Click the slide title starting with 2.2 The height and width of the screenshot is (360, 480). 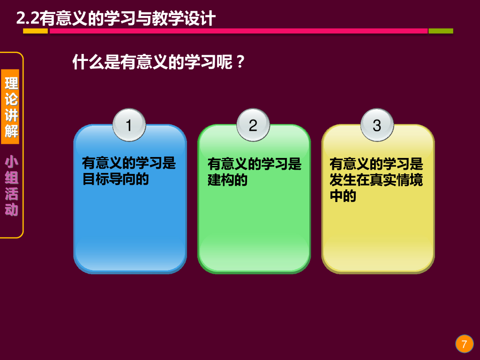(x=116, y=18)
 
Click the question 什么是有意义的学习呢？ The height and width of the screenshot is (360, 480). (x=159, y=62)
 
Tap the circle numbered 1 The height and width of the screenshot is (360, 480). (x=129, y=125)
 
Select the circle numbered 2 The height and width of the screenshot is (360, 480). (x=253, y=125)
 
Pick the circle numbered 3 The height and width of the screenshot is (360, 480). (x=377, y=125)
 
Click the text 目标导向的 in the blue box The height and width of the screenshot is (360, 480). (x=115, y=179)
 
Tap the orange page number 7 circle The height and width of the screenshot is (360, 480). (x=464, y=345)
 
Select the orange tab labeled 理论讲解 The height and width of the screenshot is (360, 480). (x=11, y=107)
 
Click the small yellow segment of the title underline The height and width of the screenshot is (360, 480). (x=36, y=31)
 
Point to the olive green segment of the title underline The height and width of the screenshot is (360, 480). (x=441, y=31)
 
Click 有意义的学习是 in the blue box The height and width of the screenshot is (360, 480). (x=129, y=163)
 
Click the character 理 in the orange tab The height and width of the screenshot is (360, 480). (x=11, y=83)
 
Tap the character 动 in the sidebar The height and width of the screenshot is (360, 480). (x=11, y=210)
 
